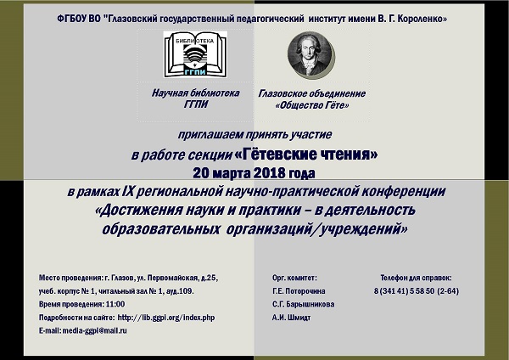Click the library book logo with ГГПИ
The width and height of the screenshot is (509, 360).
(x=195, y=54)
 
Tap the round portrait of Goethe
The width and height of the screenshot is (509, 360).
(x=310, y=54)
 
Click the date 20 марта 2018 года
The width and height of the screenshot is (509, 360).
(x=254, y=173)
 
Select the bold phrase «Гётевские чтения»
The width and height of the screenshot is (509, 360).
(x=305, y=154)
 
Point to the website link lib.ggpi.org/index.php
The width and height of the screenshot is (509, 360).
(x=166, y=317)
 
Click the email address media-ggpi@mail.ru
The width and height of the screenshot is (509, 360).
(x=95, y=330)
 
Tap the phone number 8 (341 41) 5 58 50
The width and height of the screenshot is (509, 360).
(x=404, y=290)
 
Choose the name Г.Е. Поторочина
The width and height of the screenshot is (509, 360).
(x=299, y=291)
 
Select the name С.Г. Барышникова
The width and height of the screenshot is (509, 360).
(x=303, y=305)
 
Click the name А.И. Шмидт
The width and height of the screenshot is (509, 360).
(x=291, y=318)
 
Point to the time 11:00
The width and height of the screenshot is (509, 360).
(x=115, y=304)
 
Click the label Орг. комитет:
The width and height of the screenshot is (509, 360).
(x=294, y=278)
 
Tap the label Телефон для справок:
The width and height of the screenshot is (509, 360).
(x=416, y=278)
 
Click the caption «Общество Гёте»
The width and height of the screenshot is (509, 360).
(x=312, y=105)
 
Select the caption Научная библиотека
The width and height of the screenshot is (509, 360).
(x=195, y=93)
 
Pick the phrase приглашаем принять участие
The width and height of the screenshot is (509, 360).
(x=255, y=134)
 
